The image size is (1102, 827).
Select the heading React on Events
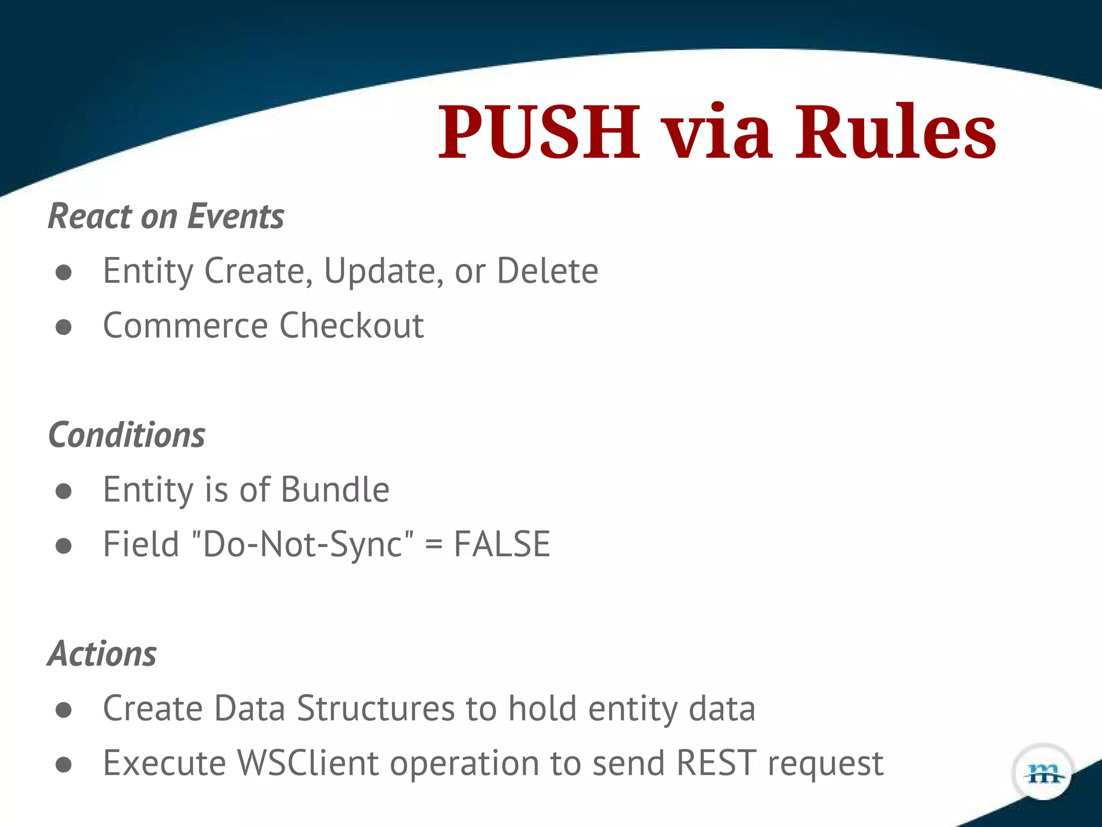pyautogui.click(x=166, y=216)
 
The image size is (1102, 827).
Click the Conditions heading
pyautogui.click(x=127, y=435)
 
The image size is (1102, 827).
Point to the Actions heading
pyautogui.click(x=102, y=654)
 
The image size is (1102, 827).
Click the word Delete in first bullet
pyautogui.click(x=547, y=271)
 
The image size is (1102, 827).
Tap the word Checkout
pyautogui.click(x=351, y=326)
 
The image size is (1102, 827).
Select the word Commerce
pyautogui.click(x=185, y=326)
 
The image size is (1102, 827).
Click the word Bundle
pyautogui.click(x=335, y=489)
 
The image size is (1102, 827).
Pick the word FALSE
pyautogui.click(x=501, y=544)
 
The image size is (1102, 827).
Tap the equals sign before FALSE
pyautogui.click(x=433, y=545)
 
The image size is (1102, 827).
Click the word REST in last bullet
pyautogui.click(x=716, y=763)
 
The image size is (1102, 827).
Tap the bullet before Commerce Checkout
pyautogui.click(x=63, y=327)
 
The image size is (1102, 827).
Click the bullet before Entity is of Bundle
pyautogui.click(x=63, y=490)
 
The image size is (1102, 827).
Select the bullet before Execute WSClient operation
pyautogui.click(x=63, y=764)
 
